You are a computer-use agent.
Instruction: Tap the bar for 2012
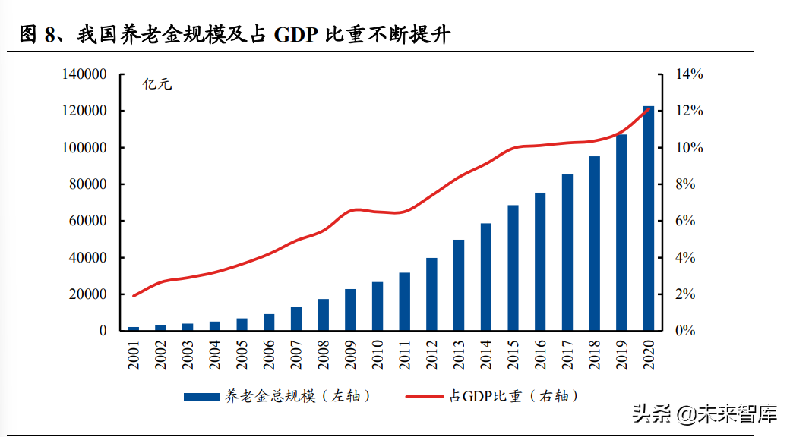431,294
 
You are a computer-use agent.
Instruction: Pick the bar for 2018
594,244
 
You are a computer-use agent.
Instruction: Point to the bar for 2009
350,310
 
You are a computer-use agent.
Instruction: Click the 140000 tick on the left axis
84,74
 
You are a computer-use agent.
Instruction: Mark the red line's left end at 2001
134,296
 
